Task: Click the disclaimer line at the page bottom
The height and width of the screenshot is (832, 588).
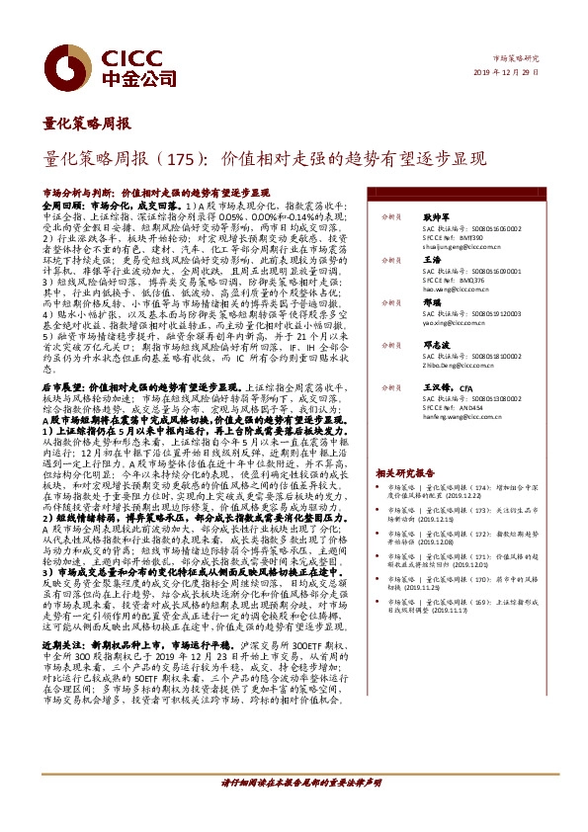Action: click(300, 809)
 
